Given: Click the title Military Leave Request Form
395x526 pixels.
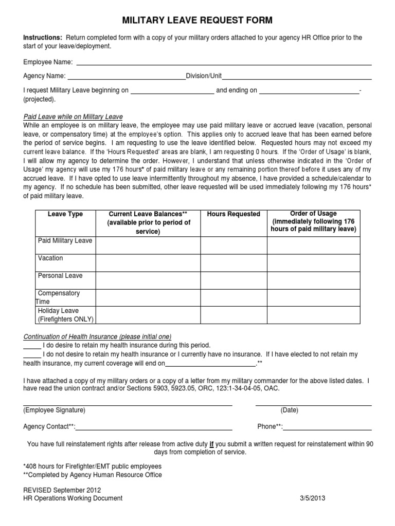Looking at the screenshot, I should [197, 21].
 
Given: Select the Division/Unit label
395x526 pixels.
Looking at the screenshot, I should [204, 76].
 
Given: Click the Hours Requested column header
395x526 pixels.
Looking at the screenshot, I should [234, 214].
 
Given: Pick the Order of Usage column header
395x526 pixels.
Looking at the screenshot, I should [313, 221].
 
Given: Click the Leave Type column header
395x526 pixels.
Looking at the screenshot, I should [65, 214].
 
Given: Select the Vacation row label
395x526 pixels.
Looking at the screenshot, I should [50, 258].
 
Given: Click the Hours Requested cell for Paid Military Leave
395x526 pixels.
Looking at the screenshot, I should [234, 246].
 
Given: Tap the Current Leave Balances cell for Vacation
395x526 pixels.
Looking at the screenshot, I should [148, 263].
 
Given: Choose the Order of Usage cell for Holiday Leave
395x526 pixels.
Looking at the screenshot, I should [313, 315].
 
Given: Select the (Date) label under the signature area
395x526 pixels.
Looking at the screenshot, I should [289, 410].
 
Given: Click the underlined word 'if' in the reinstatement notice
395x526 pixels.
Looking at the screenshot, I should [212, 444].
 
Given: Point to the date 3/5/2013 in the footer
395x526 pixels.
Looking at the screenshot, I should [312, 498].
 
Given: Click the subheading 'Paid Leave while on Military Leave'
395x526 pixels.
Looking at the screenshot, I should [73, 117].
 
